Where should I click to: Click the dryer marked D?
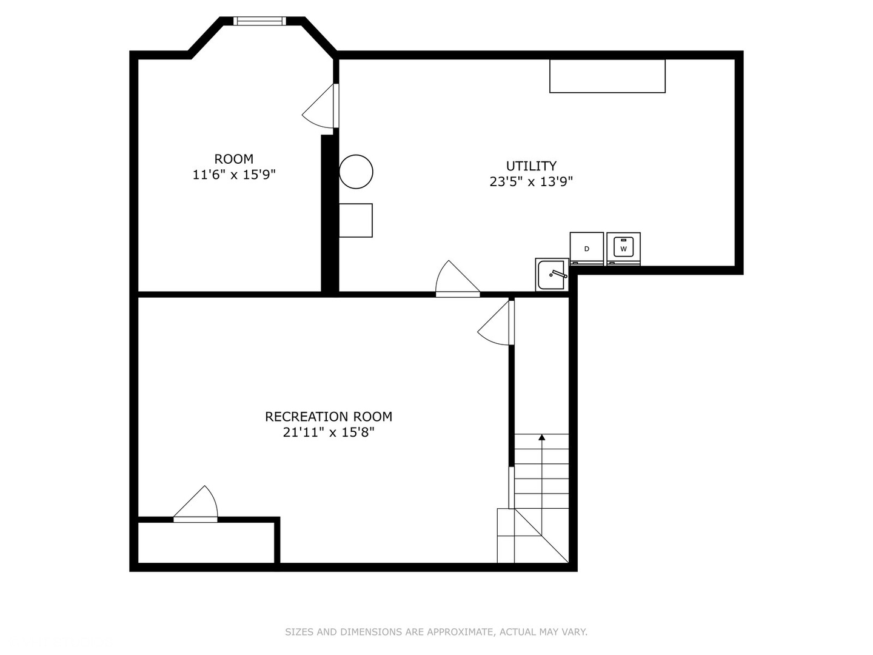click(x=586, y=249)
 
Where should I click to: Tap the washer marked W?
click(x=623, y=249)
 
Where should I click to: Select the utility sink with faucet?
click(x=552, y=274)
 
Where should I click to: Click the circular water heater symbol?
click(x=356, y=172)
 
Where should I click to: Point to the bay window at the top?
click(x=259, y=21)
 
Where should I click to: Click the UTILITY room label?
click(x=531, y=166)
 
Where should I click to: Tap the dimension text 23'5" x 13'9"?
click(x=531, y=182)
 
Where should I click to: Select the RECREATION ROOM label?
click(x=329, y=417)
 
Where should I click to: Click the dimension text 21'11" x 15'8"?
click(x=329, y=432)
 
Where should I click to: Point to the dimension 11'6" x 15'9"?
click(x=234, y=175)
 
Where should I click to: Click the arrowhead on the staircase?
click(x=542, y=437)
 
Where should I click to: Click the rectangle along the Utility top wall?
click(x=607, y=76)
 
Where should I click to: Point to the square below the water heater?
click(x=355, y=220)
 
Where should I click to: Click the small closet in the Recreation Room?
click(x=206, y=542)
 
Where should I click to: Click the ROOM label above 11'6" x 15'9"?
click(x=234, y=159)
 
